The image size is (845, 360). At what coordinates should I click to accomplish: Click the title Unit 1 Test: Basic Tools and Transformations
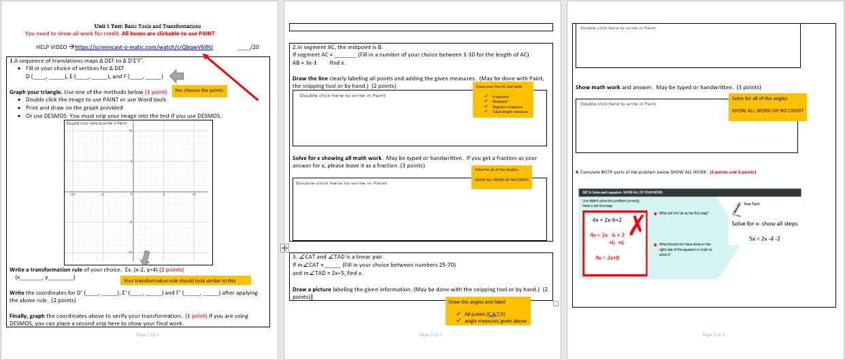[x=148, y=26]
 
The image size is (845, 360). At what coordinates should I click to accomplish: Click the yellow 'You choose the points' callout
[x=198, y=90]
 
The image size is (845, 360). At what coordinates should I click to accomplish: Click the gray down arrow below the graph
[x=145, y=257]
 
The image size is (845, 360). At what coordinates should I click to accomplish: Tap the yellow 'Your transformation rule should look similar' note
[x=185, y=280]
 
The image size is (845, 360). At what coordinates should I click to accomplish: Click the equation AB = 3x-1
[x=307, y=63]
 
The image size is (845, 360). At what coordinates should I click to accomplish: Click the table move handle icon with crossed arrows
[x=285, y=248]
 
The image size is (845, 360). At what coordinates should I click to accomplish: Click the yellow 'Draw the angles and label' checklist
[x=486, y=311]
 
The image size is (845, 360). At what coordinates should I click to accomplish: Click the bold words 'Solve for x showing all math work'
[x=337, y=158]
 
